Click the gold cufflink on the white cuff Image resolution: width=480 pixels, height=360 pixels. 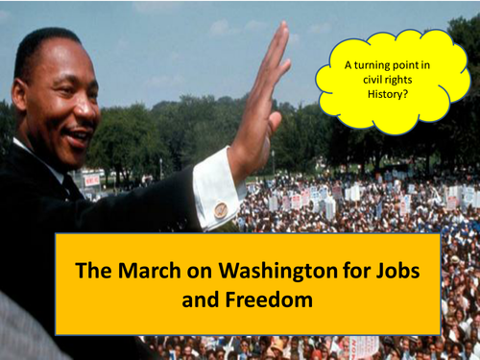pyautogui.click(x=221, y=209)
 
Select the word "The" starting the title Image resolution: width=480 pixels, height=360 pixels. pyautogui.click(x=89, y=271)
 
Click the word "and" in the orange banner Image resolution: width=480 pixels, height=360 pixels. pyautogui.click(x=199, y=300)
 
